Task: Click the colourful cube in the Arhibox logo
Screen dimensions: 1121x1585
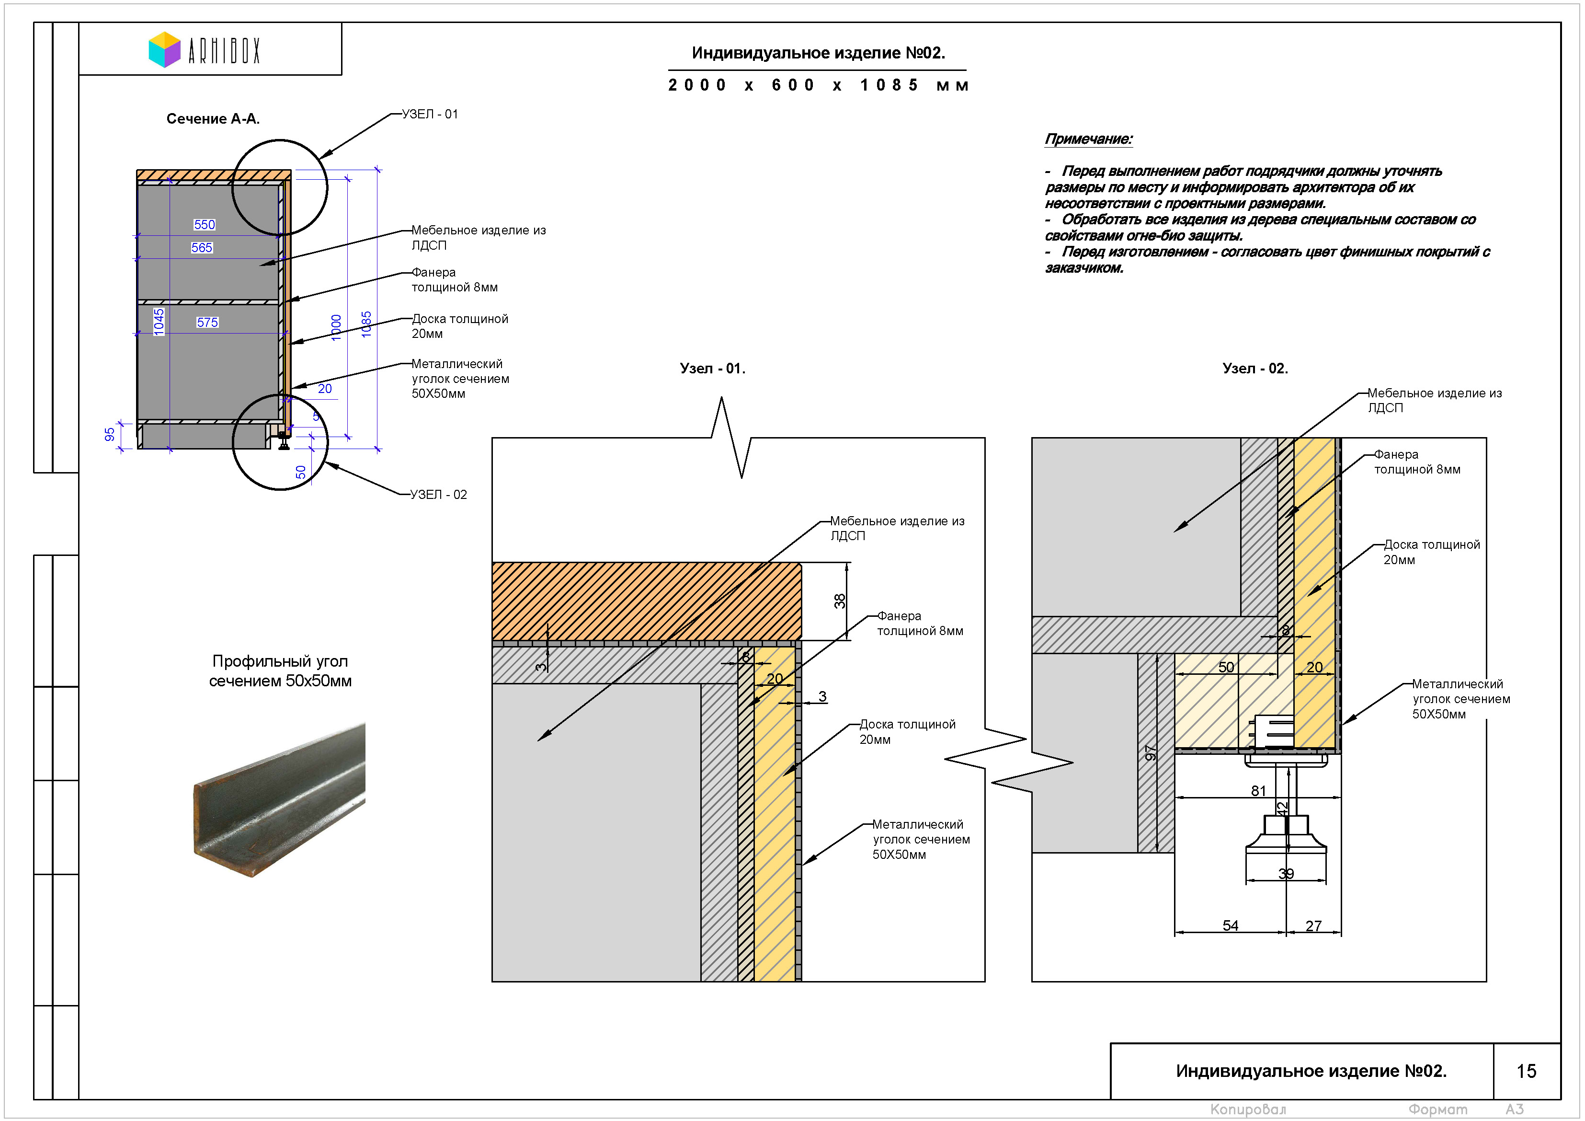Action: pyautogui.click(x=164, y=50)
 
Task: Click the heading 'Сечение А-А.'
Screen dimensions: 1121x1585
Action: pyautogui.click(x=213, y=119)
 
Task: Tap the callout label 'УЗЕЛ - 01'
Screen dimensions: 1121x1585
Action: pyautogui.click(x=430, y=114)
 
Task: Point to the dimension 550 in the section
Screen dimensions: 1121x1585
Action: pyautogui.click(x=205, y=224)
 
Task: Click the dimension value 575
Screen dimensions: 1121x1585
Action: pyautogui.click(x=207, y=323)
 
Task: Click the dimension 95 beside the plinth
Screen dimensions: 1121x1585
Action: pyautogui.click(x=110, y=434)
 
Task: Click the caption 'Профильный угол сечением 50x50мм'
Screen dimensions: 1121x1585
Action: pyautogui.click(x=280, y=670)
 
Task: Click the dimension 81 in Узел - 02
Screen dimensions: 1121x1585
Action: pyautogui.click(x=1258, y=791)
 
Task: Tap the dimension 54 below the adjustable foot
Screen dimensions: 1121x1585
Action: pyautogui.click(x=1230, y=925)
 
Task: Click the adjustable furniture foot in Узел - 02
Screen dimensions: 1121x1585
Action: pyautogui.click(x=1286, y=829)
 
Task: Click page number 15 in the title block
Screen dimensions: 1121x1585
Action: pyautogui.click(x=1526, y=1071)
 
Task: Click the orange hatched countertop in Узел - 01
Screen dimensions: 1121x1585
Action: pyautogui.click(x=646, y=601)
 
